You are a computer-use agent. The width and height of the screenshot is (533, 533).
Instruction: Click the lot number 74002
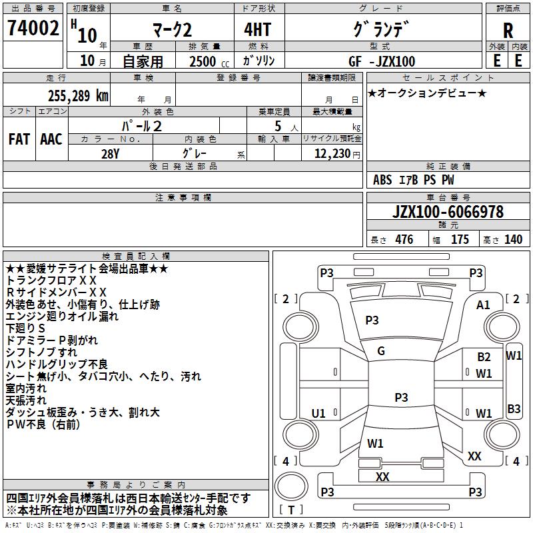[33, 28]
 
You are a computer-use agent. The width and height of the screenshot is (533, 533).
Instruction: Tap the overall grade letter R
[508, 31]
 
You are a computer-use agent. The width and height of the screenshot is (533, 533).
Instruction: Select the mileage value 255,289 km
[78, 96]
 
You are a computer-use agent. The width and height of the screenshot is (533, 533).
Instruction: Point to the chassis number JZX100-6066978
[448, 212]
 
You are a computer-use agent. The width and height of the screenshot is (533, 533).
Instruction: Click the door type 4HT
[258, 29]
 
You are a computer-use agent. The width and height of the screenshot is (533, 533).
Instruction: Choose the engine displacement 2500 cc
[209, 61]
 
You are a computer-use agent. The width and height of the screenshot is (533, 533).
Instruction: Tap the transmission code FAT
[19, 139]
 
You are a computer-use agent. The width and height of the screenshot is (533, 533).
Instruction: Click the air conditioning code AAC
[51, 139]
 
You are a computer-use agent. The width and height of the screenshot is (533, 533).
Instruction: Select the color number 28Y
[110, 154]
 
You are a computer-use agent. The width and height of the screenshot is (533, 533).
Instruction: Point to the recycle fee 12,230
[332, 153]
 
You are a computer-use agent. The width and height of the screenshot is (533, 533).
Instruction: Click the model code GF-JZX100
[382, 61]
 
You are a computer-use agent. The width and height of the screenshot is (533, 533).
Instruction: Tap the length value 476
[404, 239]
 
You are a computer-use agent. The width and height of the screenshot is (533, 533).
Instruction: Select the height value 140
[513, 239]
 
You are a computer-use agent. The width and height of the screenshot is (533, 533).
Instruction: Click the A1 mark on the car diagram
[483, 305]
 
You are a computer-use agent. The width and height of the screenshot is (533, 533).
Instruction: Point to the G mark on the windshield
[381, 351]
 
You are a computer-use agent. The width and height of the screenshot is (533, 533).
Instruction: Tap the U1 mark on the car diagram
[318, 413]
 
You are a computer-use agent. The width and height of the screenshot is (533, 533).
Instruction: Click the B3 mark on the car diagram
[514, 408]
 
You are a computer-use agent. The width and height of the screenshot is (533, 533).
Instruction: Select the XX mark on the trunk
[382, 476]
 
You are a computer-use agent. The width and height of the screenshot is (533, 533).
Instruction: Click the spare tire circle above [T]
[291, 486]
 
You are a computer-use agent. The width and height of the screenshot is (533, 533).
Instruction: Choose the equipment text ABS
[382, 179]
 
